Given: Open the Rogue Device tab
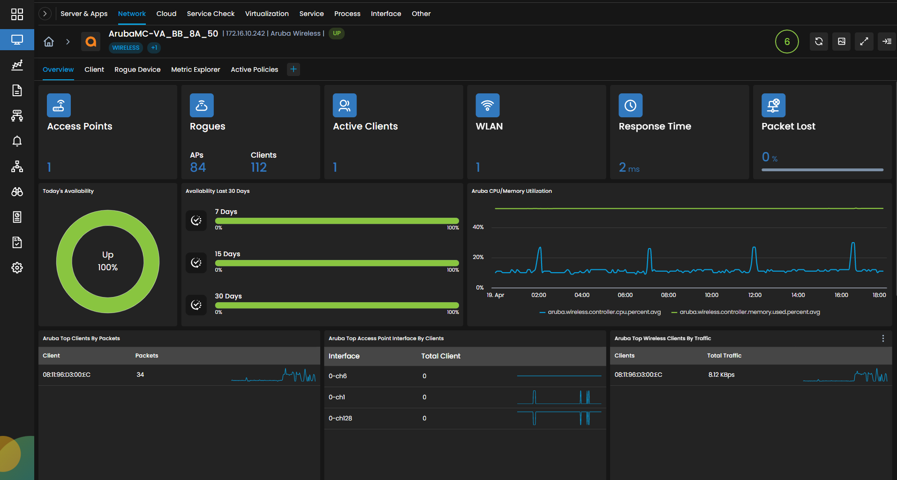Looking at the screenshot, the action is point(137,69).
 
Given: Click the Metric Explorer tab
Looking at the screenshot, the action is point(196,69).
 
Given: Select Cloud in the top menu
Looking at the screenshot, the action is point(166,14).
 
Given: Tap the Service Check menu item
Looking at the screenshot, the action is point(211,14).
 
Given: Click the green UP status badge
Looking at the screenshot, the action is point(337,33).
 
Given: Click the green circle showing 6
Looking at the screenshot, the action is point(787,42).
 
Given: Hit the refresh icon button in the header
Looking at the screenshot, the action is point(819,41).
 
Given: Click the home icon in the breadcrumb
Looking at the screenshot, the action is point(49,42).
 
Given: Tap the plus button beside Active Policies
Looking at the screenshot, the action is point(294,69).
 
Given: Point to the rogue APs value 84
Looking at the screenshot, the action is point(198,168).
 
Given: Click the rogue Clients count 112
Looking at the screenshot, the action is point(259,168).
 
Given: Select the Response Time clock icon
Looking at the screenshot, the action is point(631,106).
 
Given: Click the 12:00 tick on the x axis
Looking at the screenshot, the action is point(755,295).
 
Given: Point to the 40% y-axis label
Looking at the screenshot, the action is point(478,227).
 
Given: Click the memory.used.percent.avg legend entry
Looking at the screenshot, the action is point(746,312).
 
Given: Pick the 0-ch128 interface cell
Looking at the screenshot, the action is point(340,418).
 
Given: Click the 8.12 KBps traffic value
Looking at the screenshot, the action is point(722,374).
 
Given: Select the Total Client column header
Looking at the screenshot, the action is point(441,356).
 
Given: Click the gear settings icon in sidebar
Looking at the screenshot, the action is point(17,268).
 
